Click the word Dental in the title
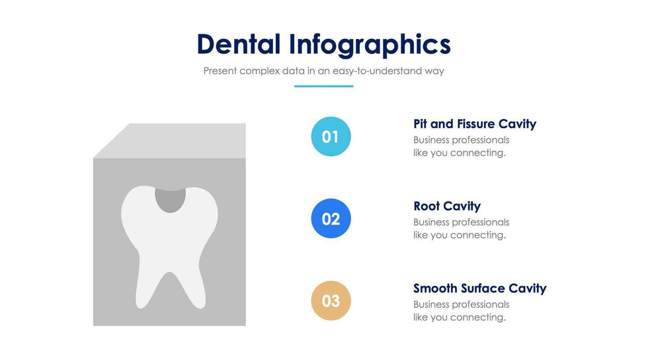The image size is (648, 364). pos(239,44)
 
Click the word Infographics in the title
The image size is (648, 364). pos(370,45)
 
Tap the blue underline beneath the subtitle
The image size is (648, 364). pos(323,87)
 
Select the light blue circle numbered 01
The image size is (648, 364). pos(331,137)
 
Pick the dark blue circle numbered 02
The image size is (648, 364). pos(331,219)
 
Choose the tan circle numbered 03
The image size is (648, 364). pos(331,301)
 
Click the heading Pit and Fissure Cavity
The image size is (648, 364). pos(475,124)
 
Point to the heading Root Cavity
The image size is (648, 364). pos(447,206)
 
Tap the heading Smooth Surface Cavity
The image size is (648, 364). pos(480,288)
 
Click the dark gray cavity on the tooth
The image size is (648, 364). pos(170,200)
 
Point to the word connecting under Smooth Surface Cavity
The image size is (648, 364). pos(477,317)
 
